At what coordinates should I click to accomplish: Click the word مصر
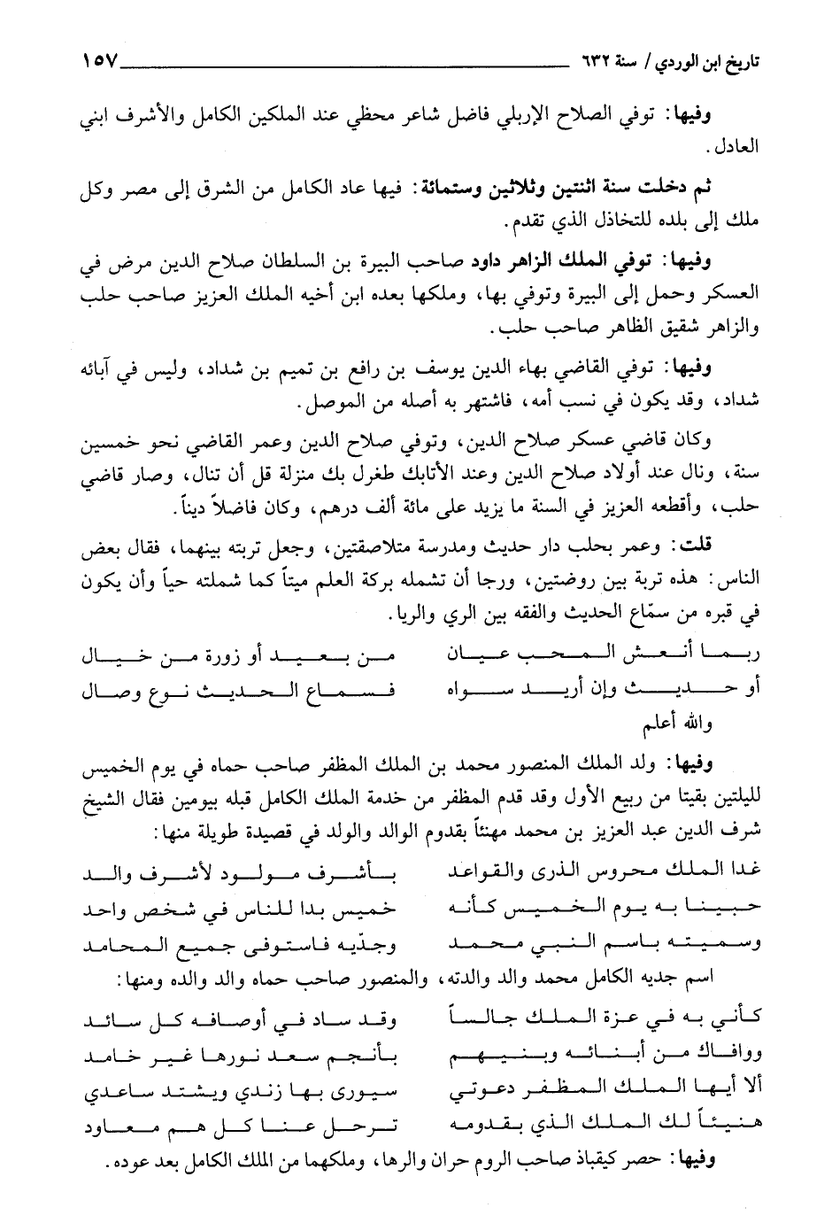176,189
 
